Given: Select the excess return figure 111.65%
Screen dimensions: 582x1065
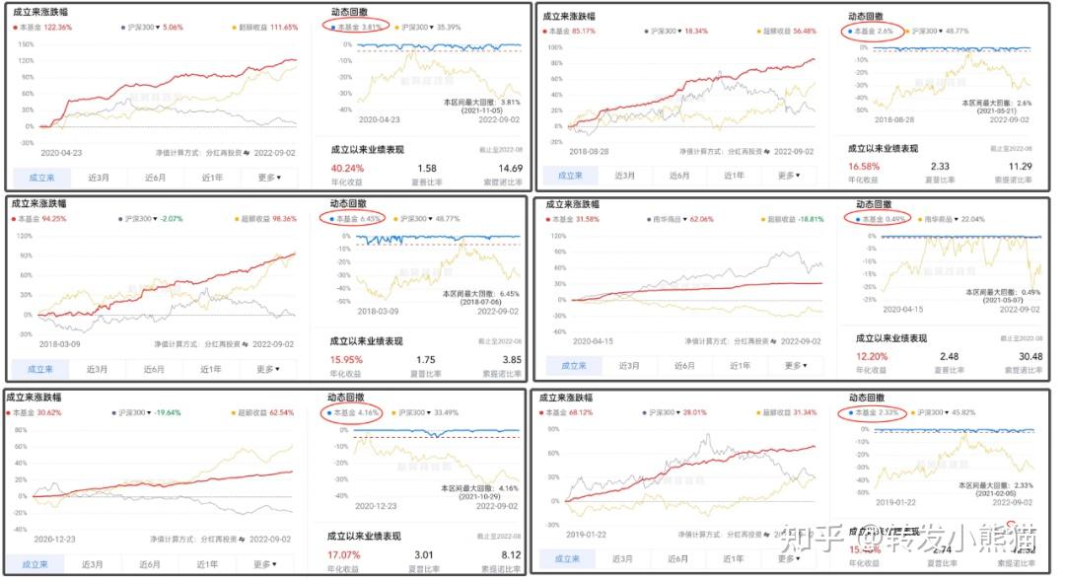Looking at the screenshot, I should (278, 28).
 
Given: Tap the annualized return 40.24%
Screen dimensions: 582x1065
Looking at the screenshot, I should (348, 168).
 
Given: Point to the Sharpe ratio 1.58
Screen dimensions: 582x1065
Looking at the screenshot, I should (428, 168).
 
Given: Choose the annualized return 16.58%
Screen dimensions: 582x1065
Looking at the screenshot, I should (865, 167).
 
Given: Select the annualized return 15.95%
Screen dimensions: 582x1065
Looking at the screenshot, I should (347, 360).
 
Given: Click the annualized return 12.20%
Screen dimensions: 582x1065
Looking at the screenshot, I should (872, 356).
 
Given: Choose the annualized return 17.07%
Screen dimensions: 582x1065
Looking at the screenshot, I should (344, 554).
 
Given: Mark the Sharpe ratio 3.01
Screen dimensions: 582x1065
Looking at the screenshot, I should (426, 554).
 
